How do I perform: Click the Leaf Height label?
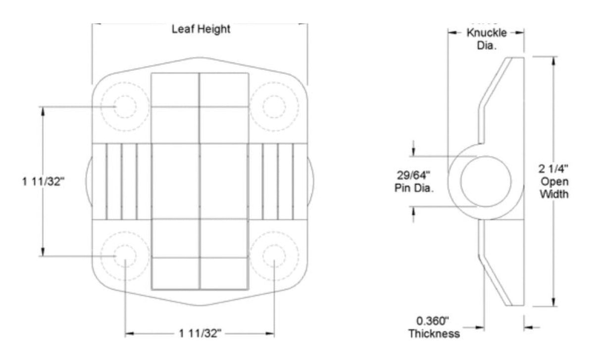[200, 29]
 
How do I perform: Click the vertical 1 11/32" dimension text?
[44, 182]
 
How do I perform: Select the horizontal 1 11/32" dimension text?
[200, 334]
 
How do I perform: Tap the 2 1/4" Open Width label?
[553, 181]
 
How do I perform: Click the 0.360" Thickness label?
[434, 327]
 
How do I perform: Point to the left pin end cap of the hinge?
[89, 181]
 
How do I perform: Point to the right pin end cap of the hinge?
[310, 181]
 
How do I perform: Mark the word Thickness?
[434, 334]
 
